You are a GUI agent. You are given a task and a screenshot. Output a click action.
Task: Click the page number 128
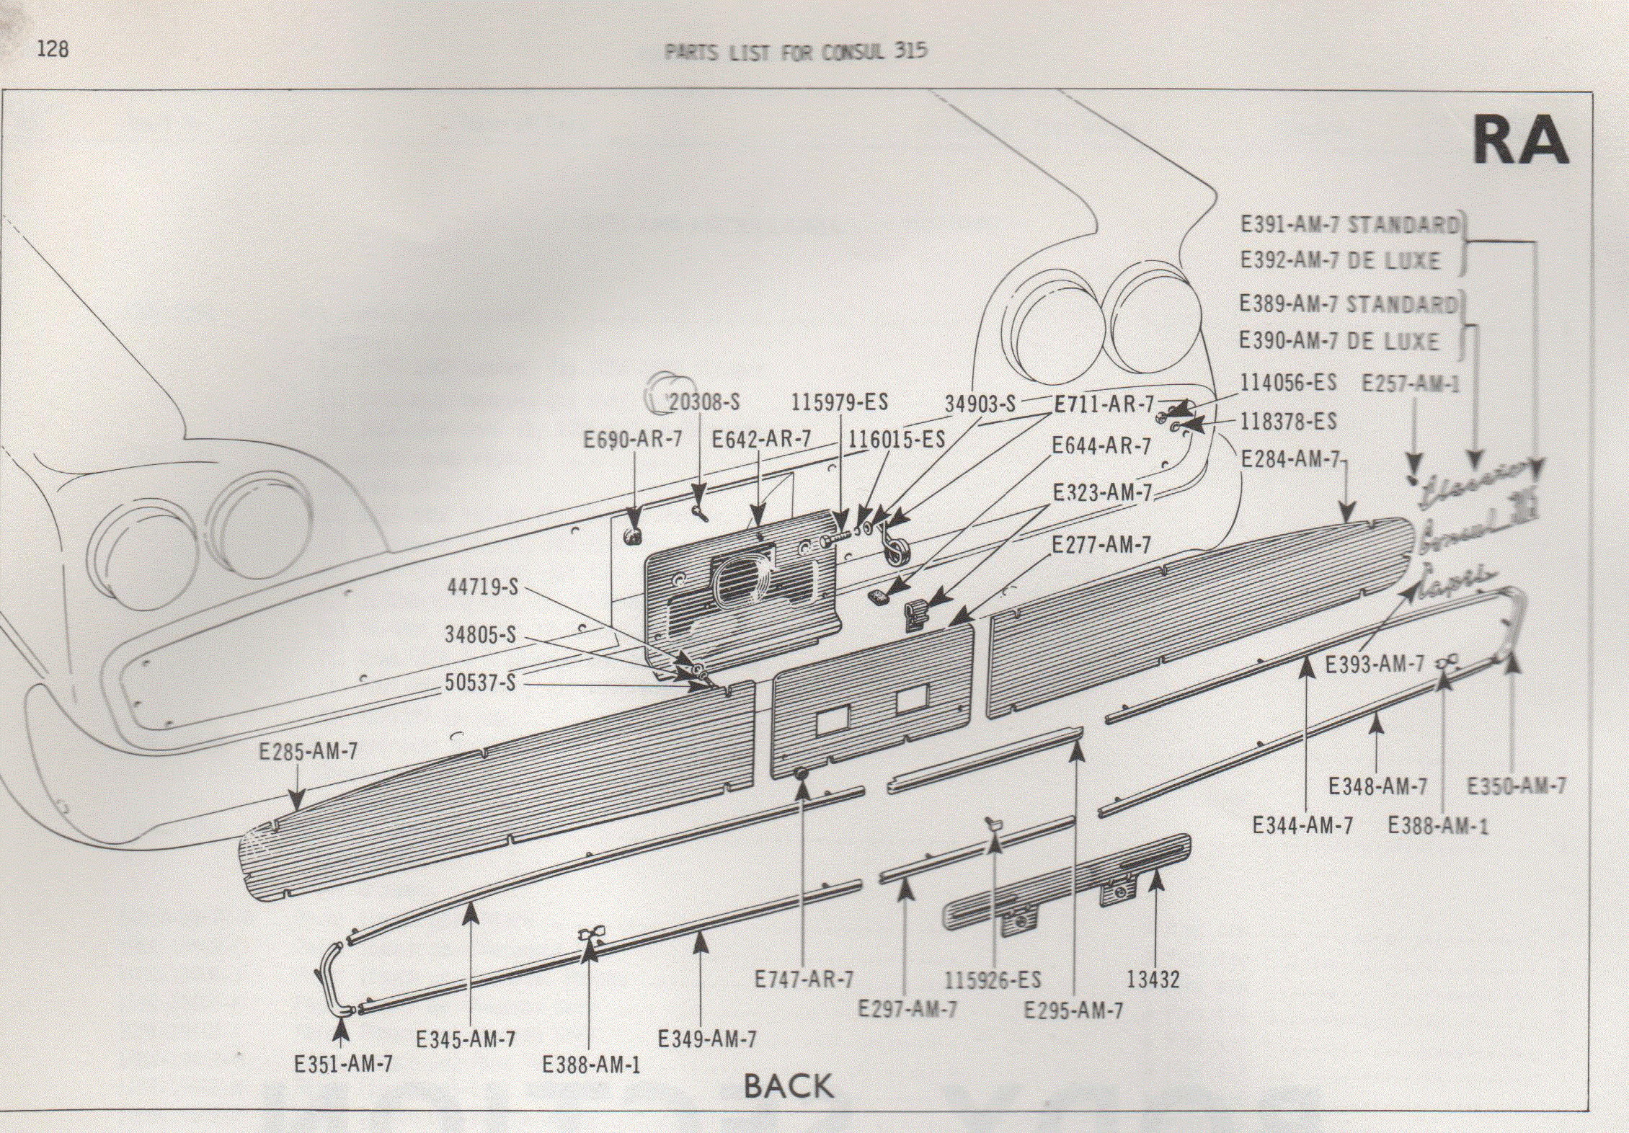click(53, 49)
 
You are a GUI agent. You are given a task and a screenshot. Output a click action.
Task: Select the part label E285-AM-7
click(308, 752)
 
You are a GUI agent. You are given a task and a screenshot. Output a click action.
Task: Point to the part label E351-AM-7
click(343, 1065)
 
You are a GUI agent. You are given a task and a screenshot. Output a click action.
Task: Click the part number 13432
click(1153, 980)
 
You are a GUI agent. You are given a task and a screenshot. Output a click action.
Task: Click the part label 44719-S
click(482, 587)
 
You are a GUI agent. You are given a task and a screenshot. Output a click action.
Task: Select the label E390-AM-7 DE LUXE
click(1339, 341)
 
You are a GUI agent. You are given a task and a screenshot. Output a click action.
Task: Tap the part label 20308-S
click(703, 402)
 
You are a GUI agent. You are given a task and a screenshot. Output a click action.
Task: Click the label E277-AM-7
click(1101, 546)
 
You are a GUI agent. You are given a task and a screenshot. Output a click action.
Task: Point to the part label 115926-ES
click(993, 981)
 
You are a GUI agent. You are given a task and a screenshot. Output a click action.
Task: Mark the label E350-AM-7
click(1517, 786)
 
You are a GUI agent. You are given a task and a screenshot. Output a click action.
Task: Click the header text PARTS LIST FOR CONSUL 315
click(795, 52)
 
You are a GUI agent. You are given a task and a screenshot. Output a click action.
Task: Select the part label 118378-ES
click(1287, 422)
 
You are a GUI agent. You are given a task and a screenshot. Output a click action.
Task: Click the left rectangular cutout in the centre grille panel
click(833, 721)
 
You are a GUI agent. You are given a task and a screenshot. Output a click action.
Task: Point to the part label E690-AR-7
click(632, 440)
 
